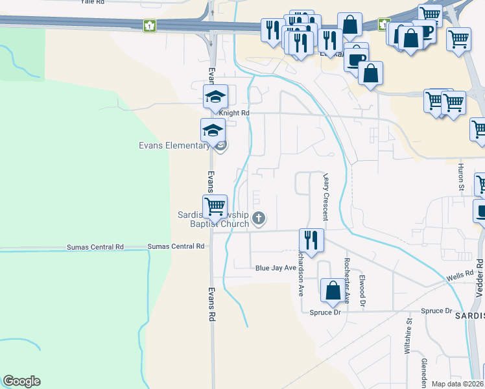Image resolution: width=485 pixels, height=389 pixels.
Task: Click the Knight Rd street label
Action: coord(234,113)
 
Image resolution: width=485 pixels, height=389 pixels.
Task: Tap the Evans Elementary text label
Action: coord(174,145)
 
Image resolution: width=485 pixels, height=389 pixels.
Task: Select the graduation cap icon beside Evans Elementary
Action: coord(213,130)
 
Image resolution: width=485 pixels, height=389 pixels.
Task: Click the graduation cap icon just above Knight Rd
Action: coord(215,97)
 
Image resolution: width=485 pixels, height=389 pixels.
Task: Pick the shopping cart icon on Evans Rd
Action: coord(215,207)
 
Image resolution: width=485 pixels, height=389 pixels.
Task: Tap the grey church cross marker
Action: coord(259,218)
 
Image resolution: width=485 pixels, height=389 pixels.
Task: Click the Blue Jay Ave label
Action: coord(276,268)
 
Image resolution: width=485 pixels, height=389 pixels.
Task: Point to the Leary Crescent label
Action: coord(326,197)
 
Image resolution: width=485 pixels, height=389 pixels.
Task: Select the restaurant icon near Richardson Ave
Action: coord(311,240)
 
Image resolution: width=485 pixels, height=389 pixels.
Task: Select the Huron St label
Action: coord(462,176)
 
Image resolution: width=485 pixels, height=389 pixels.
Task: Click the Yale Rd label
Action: coord(93,2)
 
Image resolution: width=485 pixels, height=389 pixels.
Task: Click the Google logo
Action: coord(21,381)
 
